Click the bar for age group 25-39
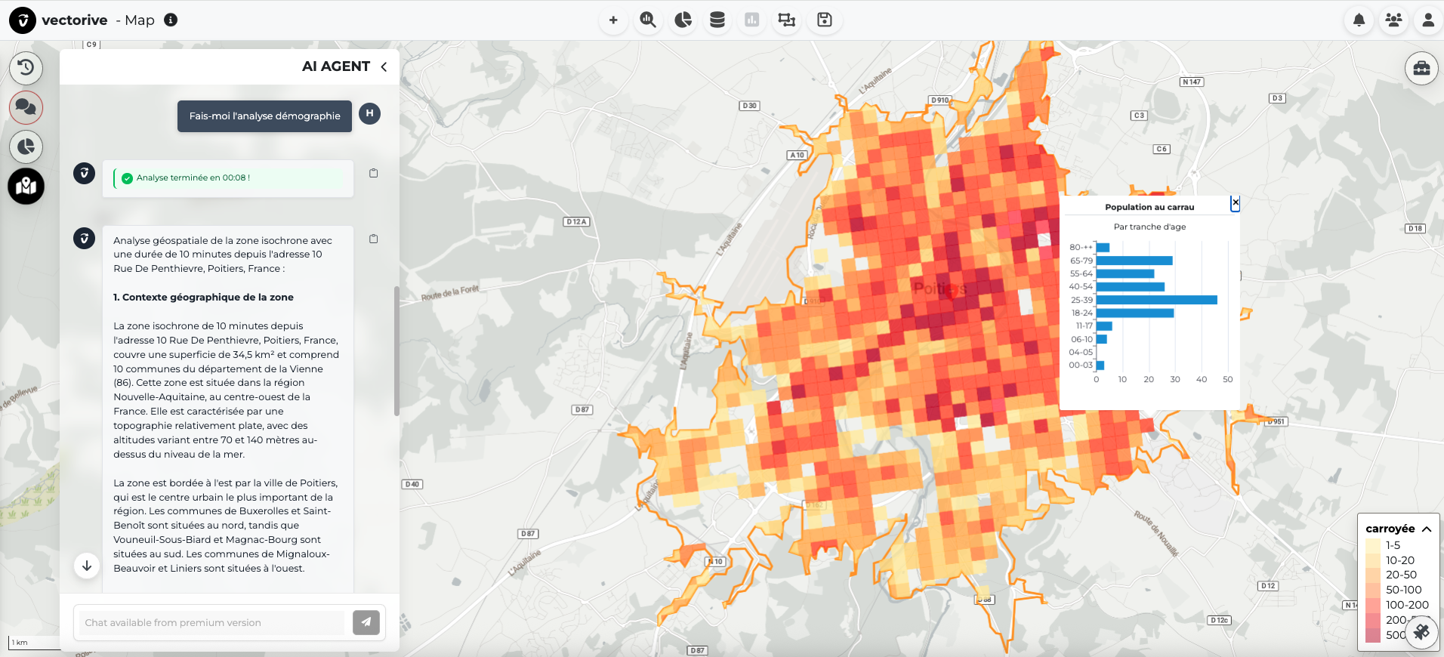[1156, 300]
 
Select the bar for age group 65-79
[1134, 261]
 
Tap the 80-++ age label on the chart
[1081, 248]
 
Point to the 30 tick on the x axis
[1174, 379]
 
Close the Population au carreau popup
[1235, 203]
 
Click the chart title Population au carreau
[1149, 207]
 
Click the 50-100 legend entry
[1402, 590]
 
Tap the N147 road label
[1191, 82]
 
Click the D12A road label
[576, 222]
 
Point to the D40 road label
[412, 484]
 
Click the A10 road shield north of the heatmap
[797, 155]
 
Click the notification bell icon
[1359, 20]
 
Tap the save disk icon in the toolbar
[824, 20]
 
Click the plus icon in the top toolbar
[613, 20]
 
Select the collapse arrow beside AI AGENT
[384, 66]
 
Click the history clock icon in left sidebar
[26, 67]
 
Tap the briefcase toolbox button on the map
[1421, 69]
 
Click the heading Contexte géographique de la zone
[203, 298]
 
